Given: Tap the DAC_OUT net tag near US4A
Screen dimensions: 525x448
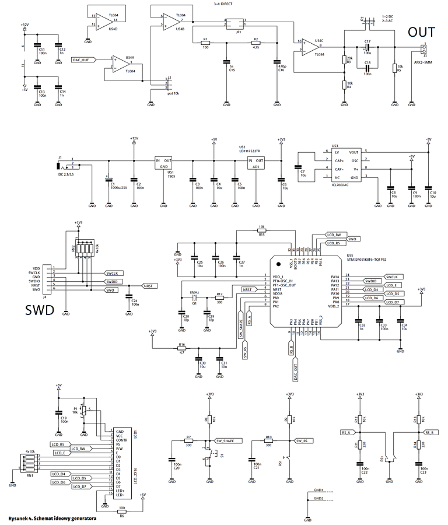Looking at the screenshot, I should point(82,60).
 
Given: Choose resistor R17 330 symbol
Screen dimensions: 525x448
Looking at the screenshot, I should point(219,298).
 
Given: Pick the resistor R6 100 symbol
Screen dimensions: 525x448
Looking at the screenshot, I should point(121,511).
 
